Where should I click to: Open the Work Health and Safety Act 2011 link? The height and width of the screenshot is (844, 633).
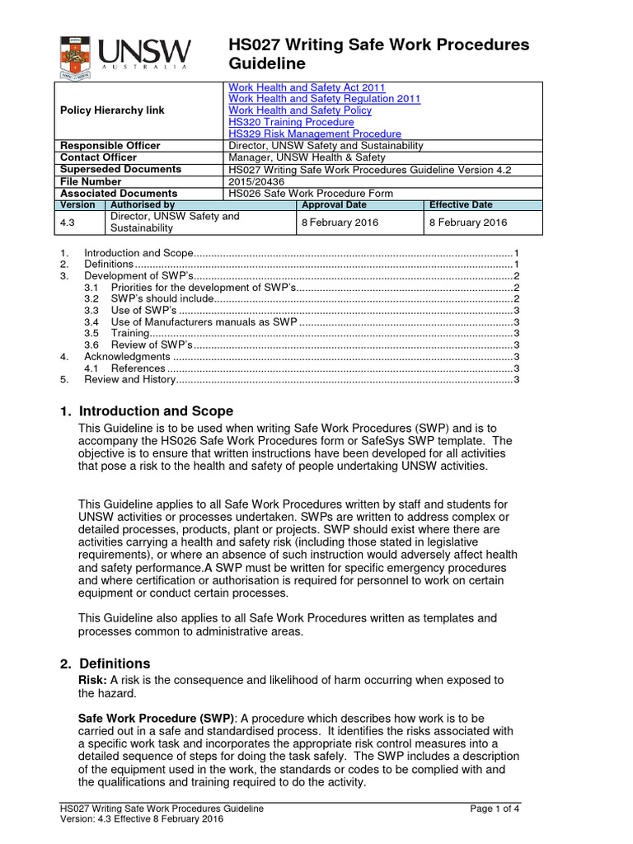pyautogui.click(x=306, y=87)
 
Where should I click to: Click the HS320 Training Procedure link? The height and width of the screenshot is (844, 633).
pyautogui.click(x=291, y=122)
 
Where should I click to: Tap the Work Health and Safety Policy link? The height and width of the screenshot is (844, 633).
pyautogui.click(x=299, y=110)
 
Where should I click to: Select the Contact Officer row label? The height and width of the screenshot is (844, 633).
pyautogui.click(x=99, y=157)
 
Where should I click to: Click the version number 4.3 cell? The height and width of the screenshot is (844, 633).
pyautogui.click(x=69, y=223)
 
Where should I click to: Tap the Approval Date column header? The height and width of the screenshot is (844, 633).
pyautogui.click(x=334, y=205)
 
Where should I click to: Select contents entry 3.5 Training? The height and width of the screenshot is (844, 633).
pyautogui.click(x=129, y=333)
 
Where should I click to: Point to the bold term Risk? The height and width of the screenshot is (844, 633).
pyautogui.click(x=92, y=680)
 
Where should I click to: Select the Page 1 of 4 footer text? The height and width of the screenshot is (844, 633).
pyautogui.click(x=495, y=809)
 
